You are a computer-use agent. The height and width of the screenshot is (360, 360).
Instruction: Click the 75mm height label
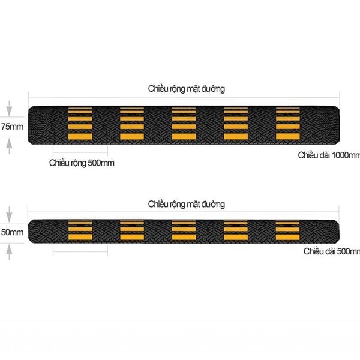(x=12, y=127)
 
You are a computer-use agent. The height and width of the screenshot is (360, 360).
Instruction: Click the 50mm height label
(x=12, y=232)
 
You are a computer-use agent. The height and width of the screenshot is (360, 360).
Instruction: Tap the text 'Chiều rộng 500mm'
(x=82, y=163)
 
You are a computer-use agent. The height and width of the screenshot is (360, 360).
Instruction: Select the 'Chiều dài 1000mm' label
(x=329, y=155)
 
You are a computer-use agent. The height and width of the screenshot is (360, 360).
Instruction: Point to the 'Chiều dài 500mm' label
(x=332, y=251)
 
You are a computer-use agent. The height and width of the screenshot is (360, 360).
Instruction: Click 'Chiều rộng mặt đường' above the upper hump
(x=187, y=89)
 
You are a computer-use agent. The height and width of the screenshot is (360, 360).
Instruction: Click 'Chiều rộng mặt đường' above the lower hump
(x=187, y=204)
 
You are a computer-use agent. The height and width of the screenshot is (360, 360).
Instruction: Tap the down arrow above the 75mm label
(x=9, y=109)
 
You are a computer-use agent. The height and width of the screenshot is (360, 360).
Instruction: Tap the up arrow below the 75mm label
(x=9, y=146)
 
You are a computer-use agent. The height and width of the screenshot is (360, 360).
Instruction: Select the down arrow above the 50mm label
(x=9, y=214)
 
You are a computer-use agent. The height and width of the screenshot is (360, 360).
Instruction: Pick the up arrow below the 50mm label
(x=9, y=252)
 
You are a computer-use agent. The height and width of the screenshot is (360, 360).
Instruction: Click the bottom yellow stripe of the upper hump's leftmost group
(x=80, y=136)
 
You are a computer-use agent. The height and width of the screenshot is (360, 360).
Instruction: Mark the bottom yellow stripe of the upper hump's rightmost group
(x=288, y=136)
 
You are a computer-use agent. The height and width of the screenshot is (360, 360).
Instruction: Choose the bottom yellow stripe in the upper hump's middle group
(x=184, y=136)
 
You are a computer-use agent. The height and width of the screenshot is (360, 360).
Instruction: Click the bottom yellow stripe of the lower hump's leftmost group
(x=80, y=237)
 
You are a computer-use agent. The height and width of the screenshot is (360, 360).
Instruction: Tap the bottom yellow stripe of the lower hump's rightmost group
(x=287, y=237)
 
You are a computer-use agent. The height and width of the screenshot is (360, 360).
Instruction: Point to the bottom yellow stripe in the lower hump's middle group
(x=184, y=237)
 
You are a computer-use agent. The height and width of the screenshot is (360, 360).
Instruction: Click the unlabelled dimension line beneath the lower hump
(x=80, y=252)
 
